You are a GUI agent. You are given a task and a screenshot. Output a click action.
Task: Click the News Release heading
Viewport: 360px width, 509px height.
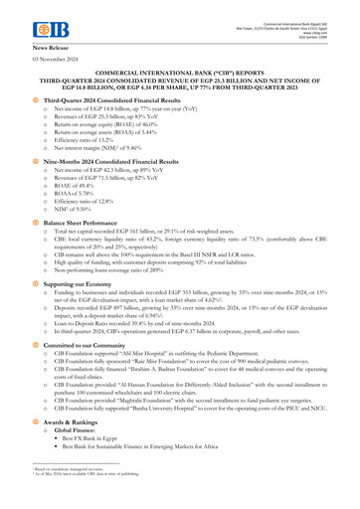click(x=55, y=47)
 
